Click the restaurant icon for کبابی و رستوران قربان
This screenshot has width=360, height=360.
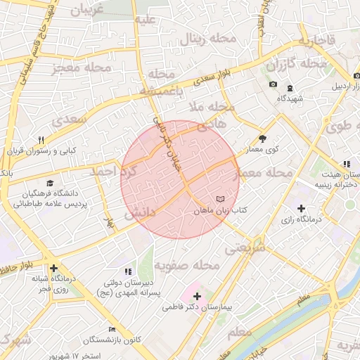point(41,140)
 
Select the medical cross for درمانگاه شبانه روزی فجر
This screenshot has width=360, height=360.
point(54,268)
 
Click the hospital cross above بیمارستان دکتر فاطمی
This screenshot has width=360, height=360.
point(197,297)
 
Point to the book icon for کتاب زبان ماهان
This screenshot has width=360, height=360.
point(221,200)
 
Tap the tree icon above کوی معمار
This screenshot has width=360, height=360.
point(263,139)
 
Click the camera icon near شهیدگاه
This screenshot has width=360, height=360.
point(273,86)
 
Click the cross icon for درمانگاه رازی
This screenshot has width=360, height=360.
point(301,208)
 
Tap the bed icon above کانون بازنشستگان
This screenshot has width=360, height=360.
point(112,329)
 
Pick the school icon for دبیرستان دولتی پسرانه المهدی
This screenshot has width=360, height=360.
point(127,271)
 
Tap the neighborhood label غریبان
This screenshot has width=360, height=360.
point(88,9)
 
